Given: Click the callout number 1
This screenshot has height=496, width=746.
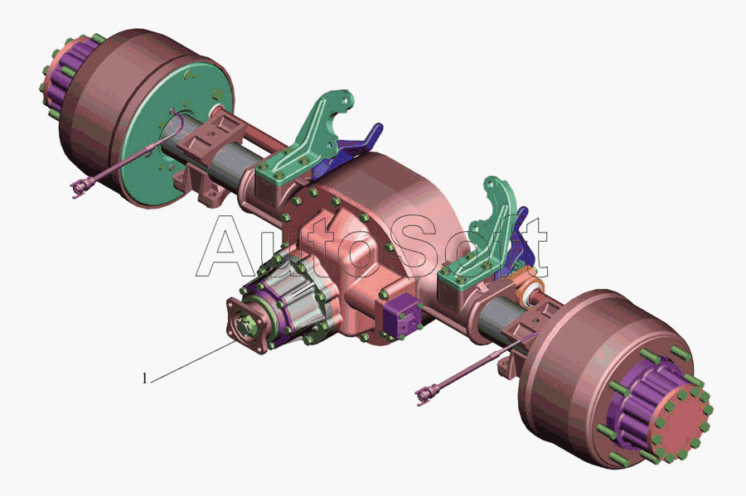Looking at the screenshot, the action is [x=145, y=378].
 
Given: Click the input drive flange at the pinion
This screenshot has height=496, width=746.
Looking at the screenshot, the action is [x=246, y=325].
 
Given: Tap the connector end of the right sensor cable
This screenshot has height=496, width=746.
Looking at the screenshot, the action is [x=425, y=395].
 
